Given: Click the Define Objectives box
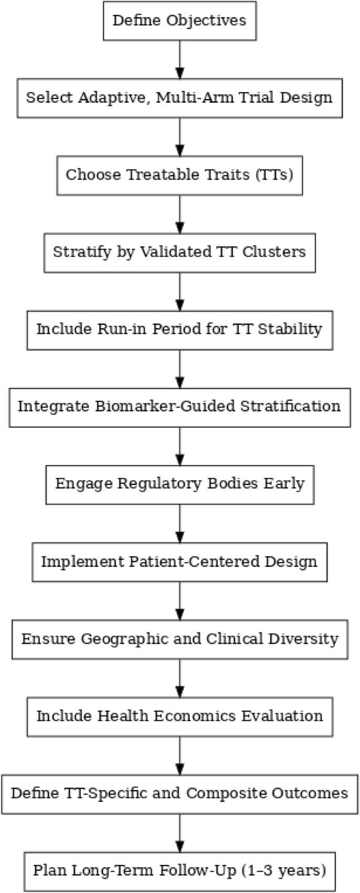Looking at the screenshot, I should pos(180,21).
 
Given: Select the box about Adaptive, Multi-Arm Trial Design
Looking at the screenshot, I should pos(180,98).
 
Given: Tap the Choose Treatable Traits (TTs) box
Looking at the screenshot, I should pos(180,175).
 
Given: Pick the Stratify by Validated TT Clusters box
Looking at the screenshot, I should pos(180,253).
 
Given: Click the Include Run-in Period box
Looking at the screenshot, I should pos(180,330).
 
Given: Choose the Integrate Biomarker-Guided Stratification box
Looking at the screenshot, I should pos(180,407).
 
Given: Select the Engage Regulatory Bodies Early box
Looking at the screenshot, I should pos(180,484).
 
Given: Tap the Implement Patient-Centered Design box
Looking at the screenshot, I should pos(180,562).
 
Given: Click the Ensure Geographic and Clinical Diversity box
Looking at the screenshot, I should pos(180,639).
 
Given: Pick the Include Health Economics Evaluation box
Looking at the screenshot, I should pos(180,717).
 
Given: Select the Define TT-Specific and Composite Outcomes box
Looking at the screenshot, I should pos(180,794).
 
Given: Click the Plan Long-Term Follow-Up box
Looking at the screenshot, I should pos(180,871).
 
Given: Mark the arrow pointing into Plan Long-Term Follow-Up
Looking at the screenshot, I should pos(180,833).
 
